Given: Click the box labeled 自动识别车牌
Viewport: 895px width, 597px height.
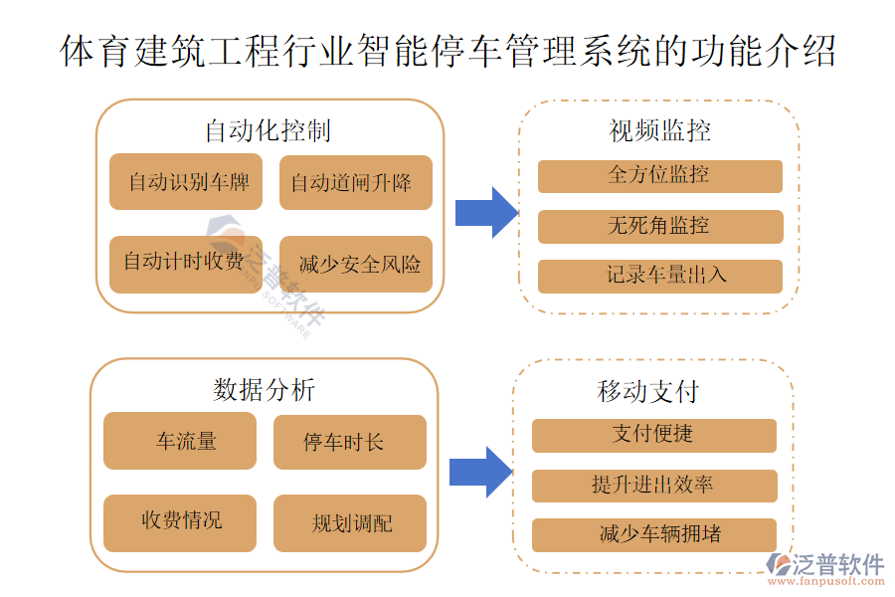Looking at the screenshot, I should (186, 182).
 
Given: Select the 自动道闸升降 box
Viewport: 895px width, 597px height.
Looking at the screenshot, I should (355, 182).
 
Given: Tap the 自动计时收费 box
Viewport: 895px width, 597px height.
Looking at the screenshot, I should (186, 263).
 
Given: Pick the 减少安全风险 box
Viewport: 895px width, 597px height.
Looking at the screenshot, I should (355, 263).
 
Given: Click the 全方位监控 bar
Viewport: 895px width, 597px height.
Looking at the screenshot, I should (659, 176).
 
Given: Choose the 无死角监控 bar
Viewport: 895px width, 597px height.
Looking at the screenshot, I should (659, 227).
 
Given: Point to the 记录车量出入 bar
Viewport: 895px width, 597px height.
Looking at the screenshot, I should (659, 276).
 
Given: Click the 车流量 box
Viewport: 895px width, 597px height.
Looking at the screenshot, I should (180, 441).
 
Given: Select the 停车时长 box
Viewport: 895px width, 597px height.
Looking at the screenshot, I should (349, 442).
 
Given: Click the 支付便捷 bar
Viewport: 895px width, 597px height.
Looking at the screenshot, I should (653, 435).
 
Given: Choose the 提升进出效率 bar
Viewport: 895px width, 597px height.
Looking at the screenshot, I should (653, 486).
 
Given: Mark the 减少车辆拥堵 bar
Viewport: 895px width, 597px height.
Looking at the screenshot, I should (653, 535).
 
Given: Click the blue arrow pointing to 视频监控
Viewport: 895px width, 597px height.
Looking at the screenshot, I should (485, 213).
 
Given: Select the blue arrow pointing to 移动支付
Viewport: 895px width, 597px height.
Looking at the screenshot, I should (479, 472).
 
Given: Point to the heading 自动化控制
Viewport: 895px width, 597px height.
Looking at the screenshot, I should (268, 130).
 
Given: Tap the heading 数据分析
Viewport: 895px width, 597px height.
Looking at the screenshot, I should (264, 389).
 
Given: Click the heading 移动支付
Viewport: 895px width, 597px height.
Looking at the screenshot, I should (647, 390).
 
